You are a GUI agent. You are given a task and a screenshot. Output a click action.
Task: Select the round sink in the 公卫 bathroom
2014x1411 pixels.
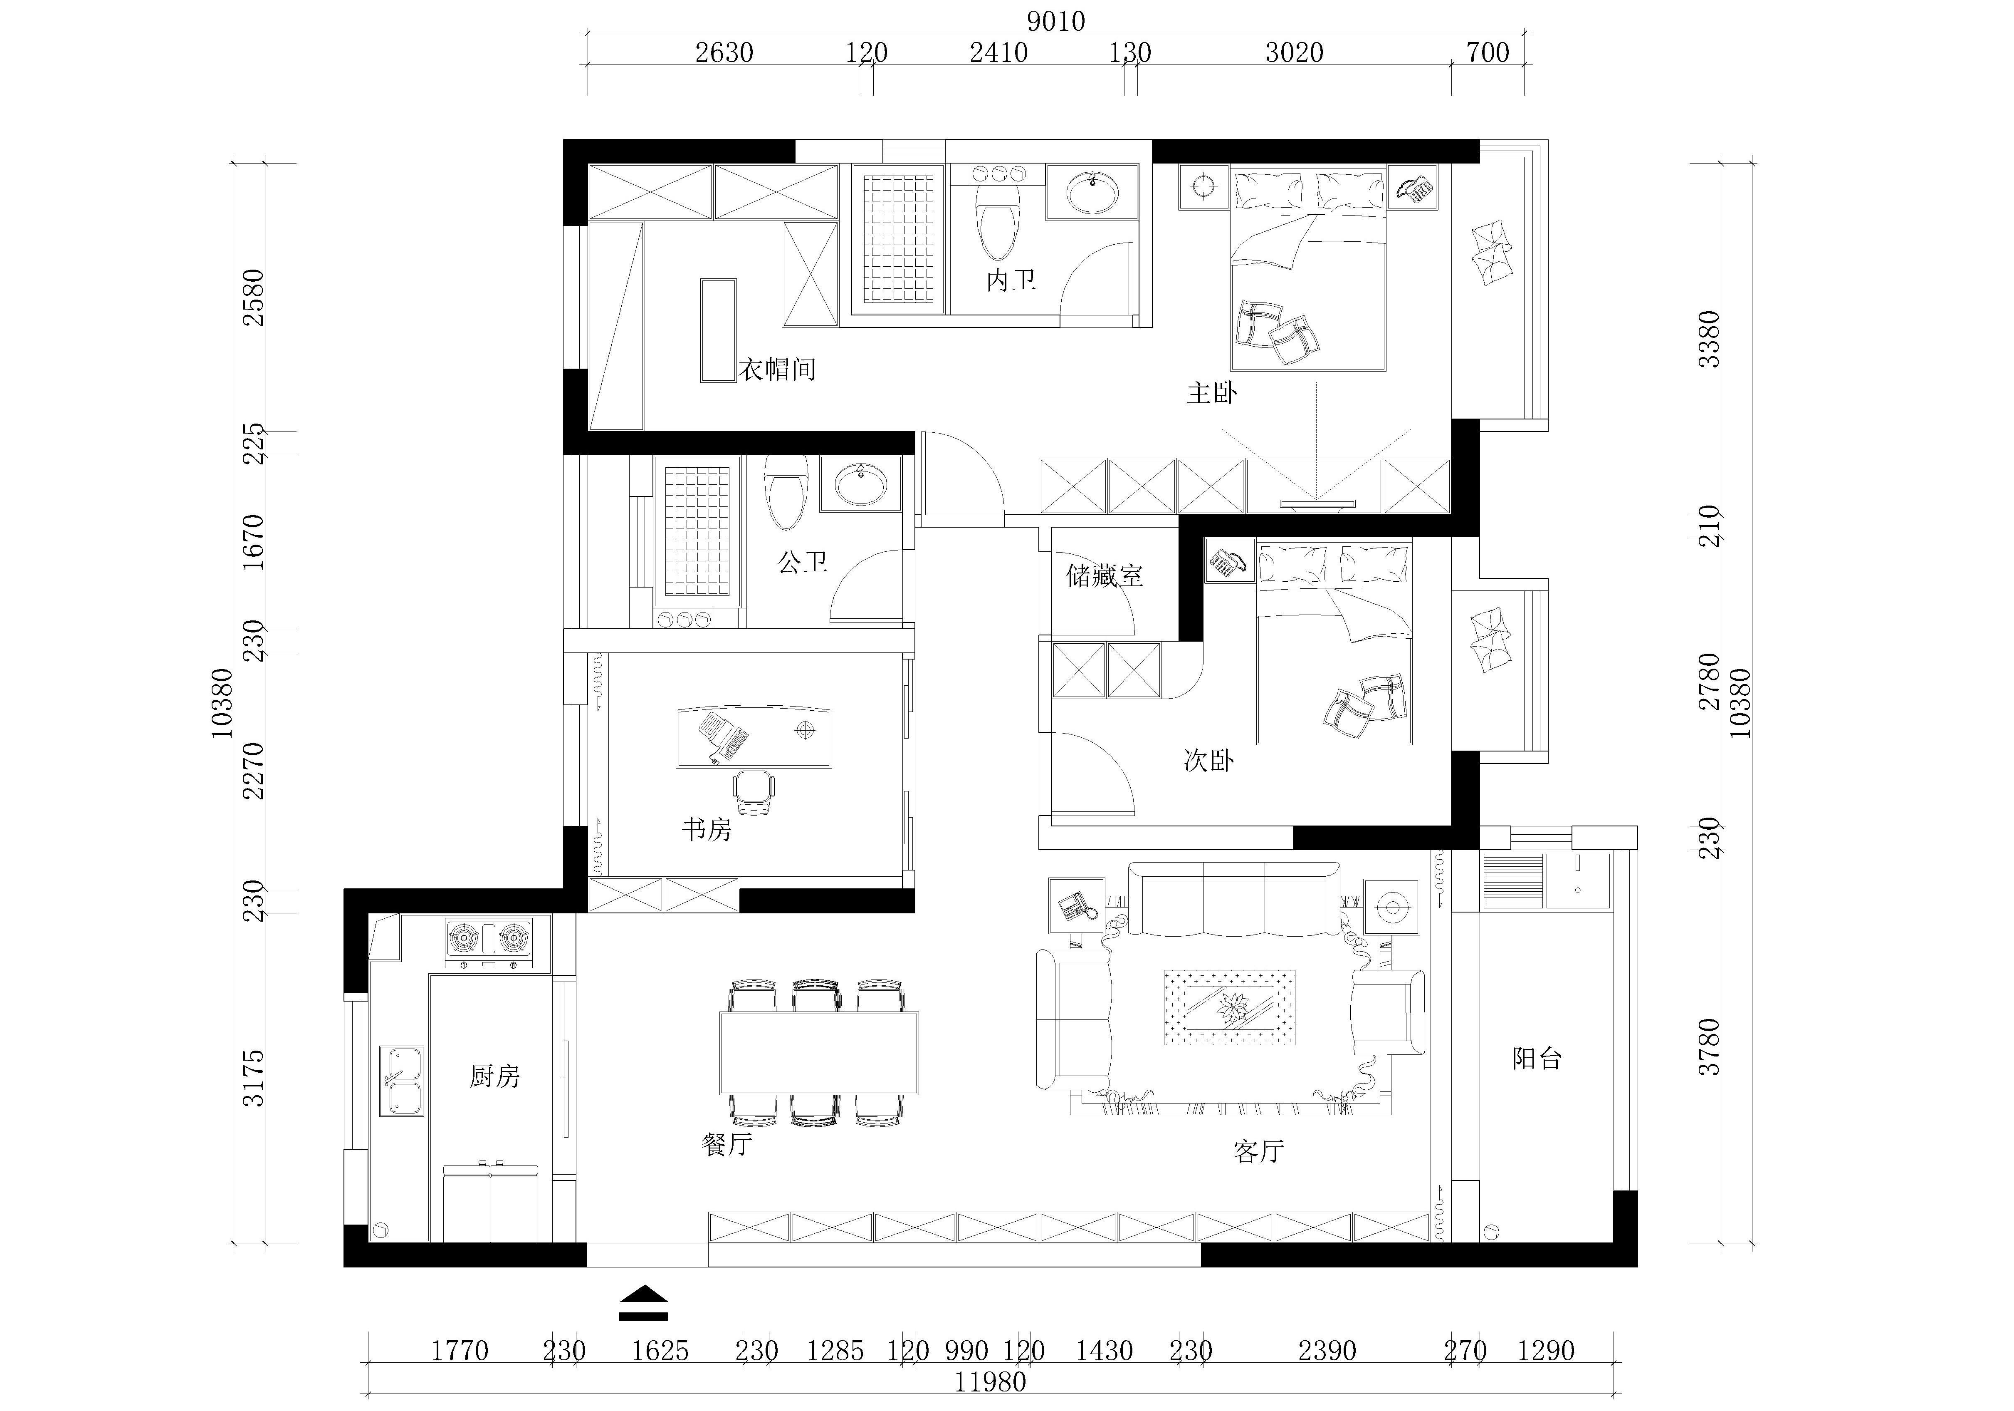[x=860, y=485]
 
